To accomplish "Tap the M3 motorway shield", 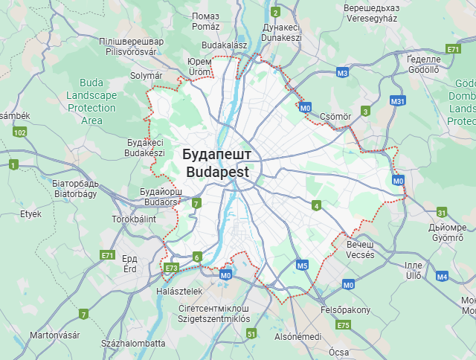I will click(x=342, y=73).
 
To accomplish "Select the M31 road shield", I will click(x=397, y=101).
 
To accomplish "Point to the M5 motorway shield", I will click(x=302, y=265).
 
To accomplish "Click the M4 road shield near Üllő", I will click(x=443, y=277).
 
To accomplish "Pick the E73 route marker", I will click(x=172, y=268).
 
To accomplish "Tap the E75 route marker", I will click(x=343, y=325).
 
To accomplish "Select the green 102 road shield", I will click(x=20, y=132).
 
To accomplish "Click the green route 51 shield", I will click(x=251, y=334).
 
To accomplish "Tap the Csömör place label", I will click(x=335, y=117).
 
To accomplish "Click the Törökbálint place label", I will click(x=134, y=219).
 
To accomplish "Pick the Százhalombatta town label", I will click(x=134, y=344).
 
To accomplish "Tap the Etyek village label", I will click(x=31, y=213).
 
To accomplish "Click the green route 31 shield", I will click(x=442, y=213).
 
